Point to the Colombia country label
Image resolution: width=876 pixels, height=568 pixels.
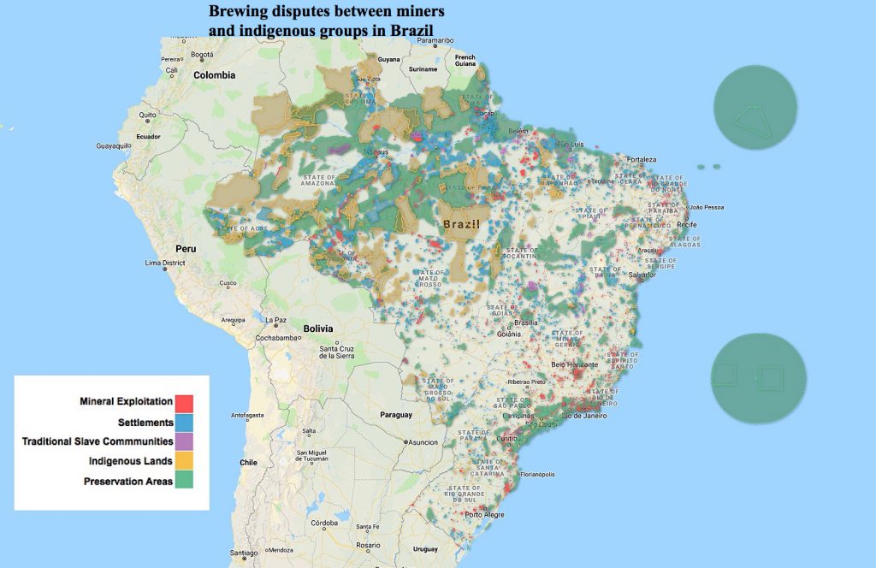pyautogui.click(x=214, y=75)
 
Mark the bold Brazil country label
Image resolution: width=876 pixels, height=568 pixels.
pyautogui.click(x=460, y=224)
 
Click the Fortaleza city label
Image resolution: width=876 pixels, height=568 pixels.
pyautogui.click(x=641, y=160)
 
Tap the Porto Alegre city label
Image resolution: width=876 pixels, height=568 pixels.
pyautogui.click(x=484, y=515)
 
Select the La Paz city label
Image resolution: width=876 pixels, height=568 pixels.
pyautogui.click(x=275, y=320)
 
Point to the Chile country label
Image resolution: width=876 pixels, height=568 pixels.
pyautogui.click(x=248, y=462)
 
